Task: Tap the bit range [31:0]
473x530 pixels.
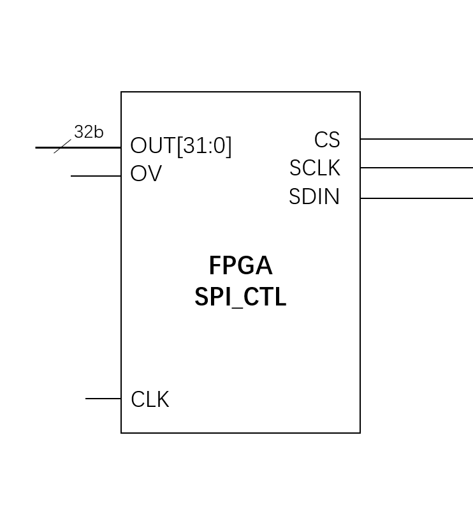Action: (x=204, y=146)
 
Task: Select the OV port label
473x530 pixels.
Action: (x=146, y=173)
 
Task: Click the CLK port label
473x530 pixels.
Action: (x=150, y=400)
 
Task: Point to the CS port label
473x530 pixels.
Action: (x=327, y=140)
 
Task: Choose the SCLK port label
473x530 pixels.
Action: (x=315, y=168)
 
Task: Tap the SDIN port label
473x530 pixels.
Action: (x=314, y=197)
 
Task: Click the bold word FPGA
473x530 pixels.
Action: (x=240, y=266)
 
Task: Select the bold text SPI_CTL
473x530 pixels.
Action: (x=240, y=297)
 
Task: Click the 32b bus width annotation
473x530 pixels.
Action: (x=89, y=132)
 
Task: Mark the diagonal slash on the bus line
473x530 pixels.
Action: (x=62, y=147)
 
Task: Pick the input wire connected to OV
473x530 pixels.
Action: (x=96, y=176)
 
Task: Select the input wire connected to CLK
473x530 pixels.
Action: (x=103, y=399)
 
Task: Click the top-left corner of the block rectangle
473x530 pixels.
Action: (x=121, y=92)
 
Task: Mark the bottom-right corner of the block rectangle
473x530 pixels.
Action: (x=360, y=433)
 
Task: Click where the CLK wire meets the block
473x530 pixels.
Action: (x=121, y=399)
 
